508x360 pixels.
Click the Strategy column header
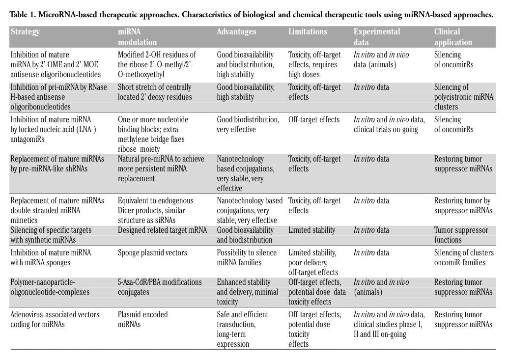[25, 32]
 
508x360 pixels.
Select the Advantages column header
[236, 32]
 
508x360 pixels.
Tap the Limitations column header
[308, 32]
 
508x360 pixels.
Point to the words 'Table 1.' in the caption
[23, 14]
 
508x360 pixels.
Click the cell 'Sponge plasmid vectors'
[152, 253]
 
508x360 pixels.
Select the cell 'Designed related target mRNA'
[162, 230]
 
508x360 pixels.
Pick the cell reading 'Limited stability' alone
[311, 230]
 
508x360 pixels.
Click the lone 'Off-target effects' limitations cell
[314, 119]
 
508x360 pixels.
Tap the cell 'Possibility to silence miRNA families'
[247, 258]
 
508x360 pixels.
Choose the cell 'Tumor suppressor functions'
[461, 235]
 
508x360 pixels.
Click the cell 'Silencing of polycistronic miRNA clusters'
[464, 97]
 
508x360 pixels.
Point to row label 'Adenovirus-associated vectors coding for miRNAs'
[55, 319]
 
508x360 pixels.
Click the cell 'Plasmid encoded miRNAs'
[142, 319]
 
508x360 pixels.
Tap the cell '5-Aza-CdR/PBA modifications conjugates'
[160, 287]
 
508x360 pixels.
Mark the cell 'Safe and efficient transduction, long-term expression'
[242, 329]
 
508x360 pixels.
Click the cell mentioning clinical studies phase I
[389, 324]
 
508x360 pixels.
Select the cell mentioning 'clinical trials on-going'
[389, 124]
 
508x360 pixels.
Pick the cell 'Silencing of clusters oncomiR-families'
[464, 258]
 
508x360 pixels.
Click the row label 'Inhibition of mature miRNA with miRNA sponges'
[51, 258]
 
